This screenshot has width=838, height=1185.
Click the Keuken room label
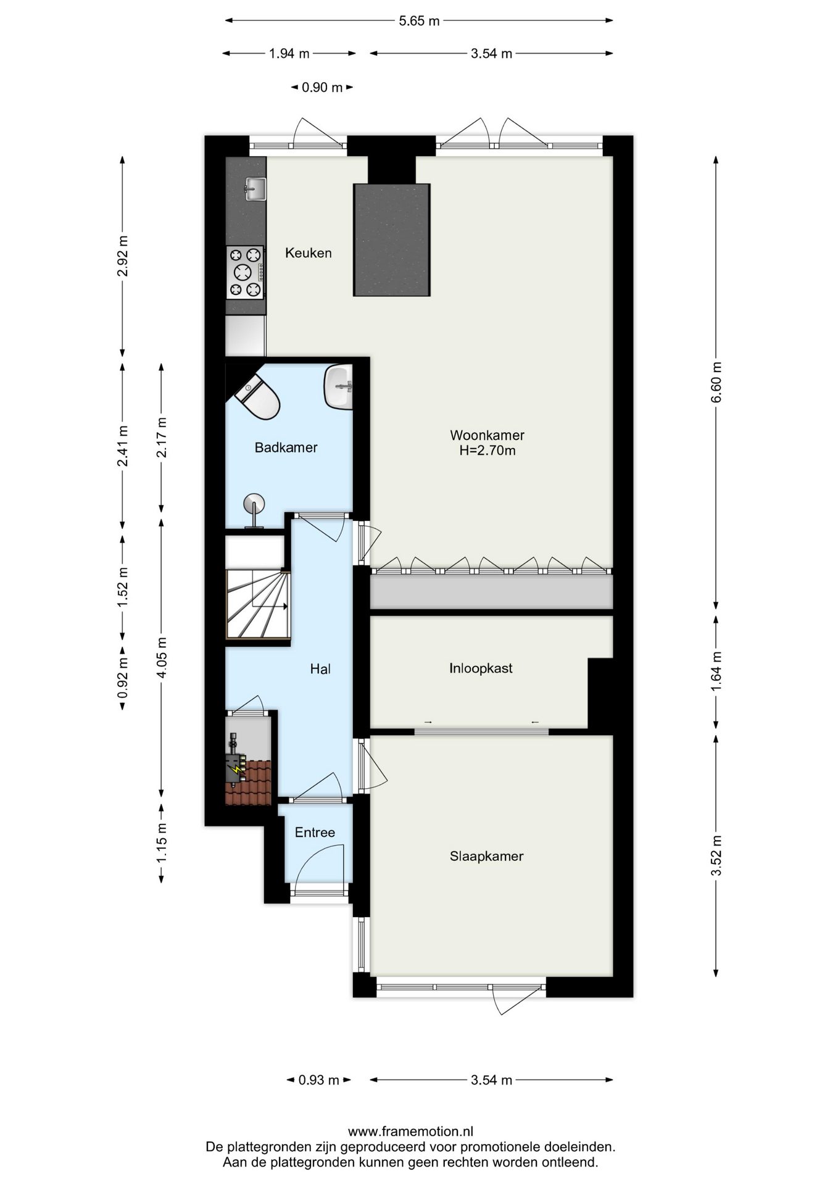coord(308,253)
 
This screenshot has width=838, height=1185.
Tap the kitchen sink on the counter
coord(254,189)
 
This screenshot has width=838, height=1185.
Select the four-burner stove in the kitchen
coord(245,272)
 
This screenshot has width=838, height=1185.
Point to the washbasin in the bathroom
coord(338,386)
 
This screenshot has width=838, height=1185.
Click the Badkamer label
coord(286,447)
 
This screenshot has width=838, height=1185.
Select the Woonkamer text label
coord(487,435)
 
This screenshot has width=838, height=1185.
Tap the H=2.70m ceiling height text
coord(487,451)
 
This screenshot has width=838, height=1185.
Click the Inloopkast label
coord(481,668)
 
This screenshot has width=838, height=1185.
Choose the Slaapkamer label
coord(486,856)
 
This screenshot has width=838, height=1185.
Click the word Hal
coord(320,669)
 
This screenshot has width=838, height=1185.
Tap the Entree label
coord(315,833)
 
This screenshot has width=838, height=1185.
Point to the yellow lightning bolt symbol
coord(234,769)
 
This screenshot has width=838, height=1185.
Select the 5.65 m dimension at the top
coord(419,21)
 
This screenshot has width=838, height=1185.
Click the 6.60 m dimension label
coord(716,382)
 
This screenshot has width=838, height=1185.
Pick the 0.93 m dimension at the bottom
coord(318,1080)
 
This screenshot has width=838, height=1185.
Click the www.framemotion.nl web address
coord(410,1131)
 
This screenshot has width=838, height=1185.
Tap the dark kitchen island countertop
coord(392,240)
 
